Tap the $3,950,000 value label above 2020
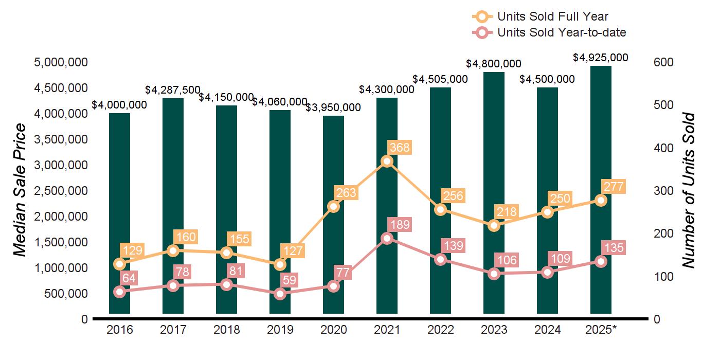click(333, 107)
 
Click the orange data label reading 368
click(400, 148)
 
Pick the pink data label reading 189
click(400, 225)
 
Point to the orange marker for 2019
click(280, 264)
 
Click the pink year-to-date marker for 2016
click(119, 292)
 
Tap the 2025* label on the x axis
click(600, 330)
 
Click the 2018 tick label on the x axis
click(226, 330)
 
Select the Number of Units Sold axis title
click(689, 190)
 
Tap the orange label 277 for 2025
click(614, 186)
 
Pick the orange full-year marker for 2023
click(494, 225)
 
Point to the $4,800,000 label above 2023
click(494, 64)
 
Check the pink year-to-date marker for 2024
click(547, 272)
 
